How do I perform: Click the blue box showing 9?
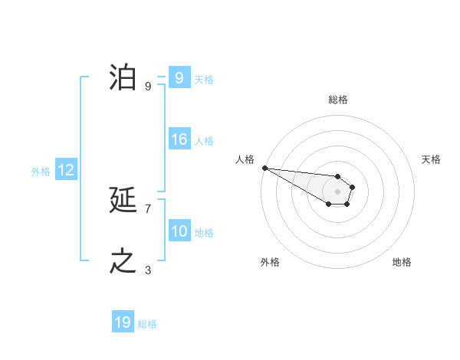point(179,78)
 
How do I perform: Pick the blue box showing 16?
point(179,139)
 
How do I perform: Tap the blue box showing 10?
point(179,231)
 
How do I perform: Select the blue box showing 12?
point(65,171)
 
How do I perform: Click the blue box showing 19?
point(122,322)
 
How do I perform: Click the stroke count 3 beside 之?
point(148,270)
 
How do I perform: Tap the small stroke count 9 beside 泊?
point(148,86)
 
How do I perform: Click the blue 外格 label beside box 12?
point(41,172)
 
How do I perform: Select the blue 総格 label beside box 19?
point(147,324)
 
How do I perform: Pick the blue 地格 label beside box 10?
point(204,232)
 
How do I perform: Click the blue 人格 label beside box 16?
point(204,141)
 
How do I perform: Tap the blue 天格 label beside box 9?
point(204,79)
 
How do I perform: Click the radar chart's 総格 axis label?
point(338,100)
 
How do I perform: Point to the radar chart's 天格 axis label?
point(432,159)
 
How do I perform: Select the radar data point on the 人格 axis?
point(264,168)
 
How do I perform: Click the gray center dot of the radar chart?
point(338,191)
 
